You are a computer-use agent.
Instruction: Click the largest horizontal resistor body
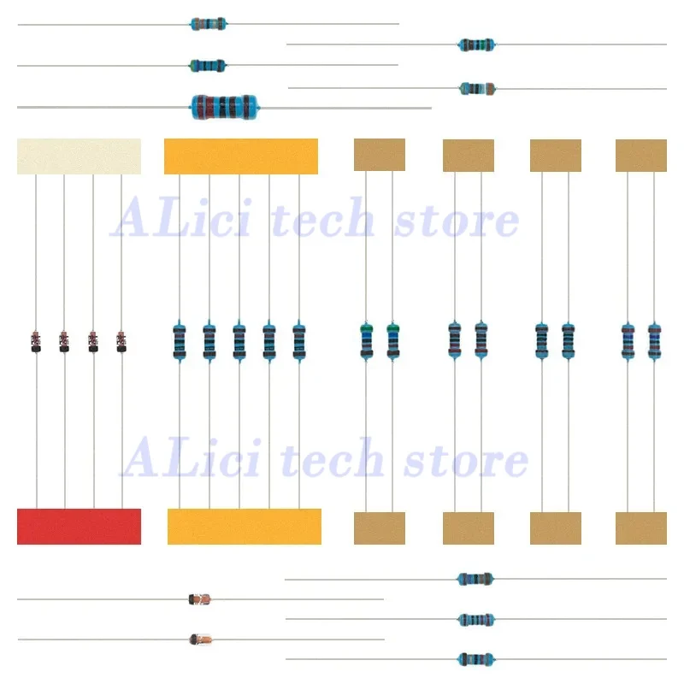pyautogui.click(x=225, y=106)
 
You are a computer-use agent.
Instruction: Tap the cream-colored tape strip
pyautogui.click(x=79, y=156)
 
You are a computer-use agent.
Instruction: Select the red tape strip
pyautogui.click(x=79, y=526)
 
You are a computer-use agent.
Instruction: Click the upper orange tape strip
pyautogui.click(x=241, y=156)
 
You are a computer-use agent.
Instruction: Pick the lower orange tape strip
pyautogui.click(x=245, y=526)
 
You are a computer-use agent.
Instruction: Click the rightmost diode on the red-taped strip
pyautogui.click(x=121, y=341)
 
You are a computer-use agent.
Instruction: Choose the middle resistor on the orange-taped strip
pyautogui.click(x=239, y=340)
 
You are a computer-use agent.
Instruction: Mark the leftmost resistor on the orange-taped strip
pyautogui.click(x=179, y=340)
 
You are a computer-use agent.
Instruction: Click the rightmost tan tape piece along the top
pyautogui.click(x=640, y=156)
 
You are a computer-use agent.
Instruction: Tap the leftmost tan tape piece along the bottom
pyautogui.click(x=379, y=528)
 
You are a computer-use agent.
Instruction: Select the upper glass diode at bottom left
pyautogui.click(x=198, y=599)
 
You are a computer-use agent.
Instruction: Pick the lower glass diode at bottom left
pyautogui.click(x=200, y=639)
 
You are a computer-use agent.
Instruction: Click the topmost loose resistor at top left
pyautogui.click(x=209, y=24)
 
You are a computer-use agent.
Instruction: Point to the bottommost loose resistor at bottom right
pyautogui.click(x=475, y=658)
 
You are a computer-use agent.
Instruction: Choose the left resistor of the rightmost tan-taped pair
pyautogui.click(x=628, y=340)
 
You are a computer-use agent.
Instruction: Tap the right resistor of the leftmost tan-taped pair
pyautogui.click(x=392, y=340)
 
